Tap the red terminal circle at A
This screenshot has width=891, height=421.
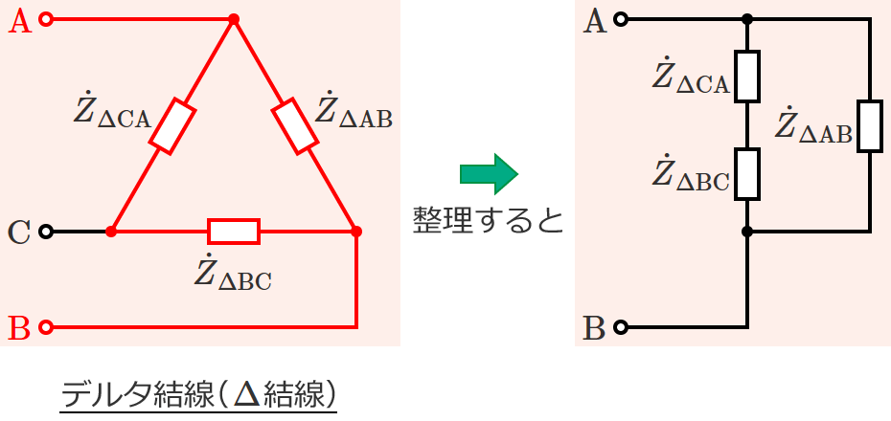[x=47, y=20]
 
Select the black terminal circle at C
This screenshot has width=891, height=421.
[x=47, y=232]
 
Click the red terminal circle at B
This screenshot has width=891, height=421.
[x=47, y=327]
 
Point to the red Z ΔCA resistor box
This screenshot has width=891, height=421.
[x=172, y=126]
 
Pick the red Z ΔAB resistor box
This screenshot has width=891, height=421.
[x=294, y=126]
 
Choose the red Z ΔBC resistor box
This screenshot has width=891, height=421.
[x=234, y=232]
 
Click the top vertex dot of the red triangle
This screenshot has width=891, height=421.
[x=233, y=20]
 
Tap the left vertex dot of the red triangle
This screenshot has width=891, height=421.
[x=111, y=232]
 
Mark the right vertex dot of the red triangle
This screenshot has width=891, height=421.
[x=356, y=232]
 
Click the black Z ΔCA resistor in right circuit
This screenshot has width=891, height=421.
[x=747, y=77]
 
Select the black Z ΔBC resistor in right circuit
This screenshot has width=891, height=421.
[x=747, y=174]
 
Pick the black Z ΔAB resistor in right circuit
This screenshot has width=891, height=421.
[x=870, y=126]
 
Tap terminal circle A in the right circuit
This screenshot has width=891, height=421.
[x=621, y=20]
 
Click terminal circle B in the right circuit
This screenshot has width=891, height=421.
[x=621, y=327]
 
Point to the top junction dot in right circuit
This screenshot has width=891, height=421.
[x=747, y=20]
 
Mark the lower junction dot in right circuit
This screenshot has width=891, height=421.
[x=747, y=232]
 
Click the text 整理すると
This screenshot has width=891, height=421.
[x=488, y=220]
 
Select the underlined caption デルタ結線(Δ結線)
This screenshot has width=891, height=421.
[x=198, y=394]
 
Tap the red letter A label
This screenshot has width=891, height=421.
[x=20, y=22]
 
